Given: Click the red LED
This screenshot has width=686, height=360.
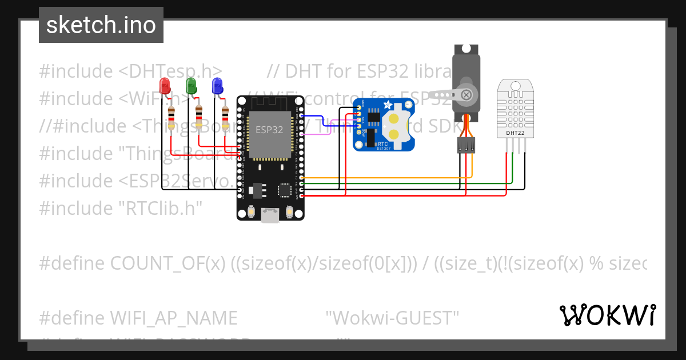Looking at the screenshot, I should point(165,86).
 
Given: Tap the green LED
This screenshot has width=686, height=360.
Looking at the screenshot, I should point(192,86).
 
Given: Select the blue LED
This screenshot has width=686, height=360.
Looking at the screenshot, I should point(217,86).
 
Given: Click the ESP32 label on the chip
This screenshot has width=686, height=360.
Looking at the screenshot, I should point(269,130).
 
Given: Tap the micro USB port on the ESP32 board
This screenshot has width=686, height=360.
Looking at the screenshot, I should point(270,215).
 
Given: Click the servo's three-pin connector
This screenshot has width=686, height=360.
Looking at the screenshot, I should point(466,145).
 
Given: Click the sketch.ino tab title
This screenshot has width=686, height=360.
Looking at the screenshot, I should point(101,25).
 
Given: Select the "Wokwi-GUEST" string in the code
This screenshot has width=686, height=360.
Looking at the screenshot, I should point(392,318).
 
